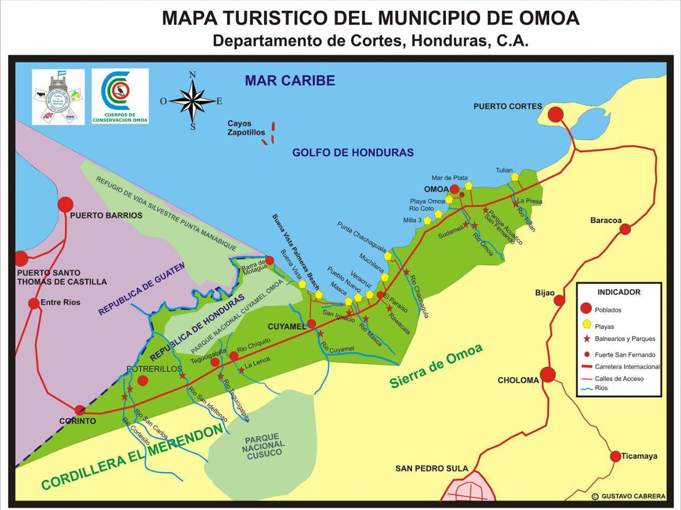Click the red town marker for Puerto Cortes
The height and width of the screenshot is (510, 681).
click(556, 114)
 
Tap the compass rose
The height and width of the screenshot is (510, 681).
click(192, 100)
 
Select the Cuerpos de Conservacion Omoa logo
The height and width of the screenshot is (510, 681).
click(120, 96)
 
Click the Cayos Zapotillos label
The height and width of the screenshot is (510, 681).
click(246, 128)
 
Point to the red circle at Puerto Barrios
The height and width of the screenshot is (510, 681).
click(65, 205)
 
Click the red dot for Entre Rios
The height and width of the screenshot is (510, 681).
click(34, 303)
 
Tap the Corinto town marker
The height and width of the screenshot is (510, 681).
click(80, 410)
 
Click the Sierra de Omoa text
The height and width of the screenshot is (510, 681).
click(436, 365)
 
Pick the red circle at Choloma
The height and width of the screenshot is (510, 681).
click(548, 374)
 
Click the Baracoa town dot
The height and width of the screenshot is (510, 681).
click(625, 229)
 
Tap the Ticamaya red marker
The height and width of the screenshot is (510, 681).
click(615, 457)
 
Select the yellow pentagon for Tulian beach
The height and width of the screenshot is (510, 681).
click(515, 176)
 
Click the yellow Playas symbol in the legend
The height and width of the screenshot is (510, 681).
click(585, 325)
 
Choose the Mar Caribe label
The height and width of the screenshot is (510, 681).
click(290, 80)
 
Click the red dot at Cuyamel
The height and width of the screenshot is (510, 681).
click(311, 324)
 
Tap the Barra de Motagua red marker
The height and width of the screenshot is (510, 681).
click(269, 260)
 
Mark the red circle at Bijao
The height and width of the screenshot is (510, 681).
click(559, 300)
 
